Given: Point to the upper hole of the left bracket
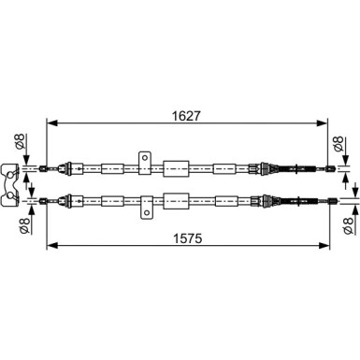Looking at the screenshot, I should coord(11,170).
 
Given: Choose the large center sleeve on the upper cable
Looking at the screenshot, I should coord(176,169).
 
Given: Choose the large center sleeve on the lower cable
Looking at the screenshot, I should coord(176,199).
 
